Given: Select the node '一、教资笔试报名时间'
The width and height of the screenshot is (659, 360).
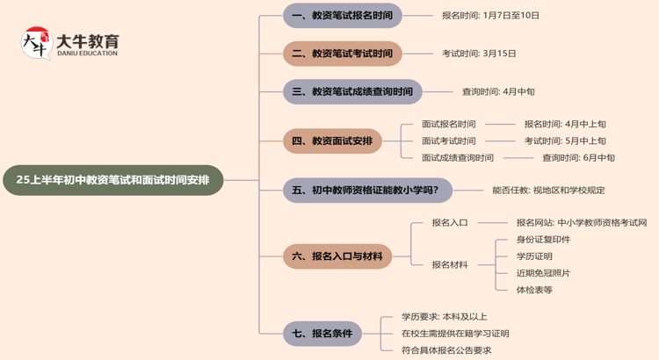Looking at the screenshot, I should pos(343,16).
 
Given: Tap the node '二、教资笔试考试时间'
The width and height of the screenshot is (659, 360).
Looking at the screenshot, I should pos(343,54).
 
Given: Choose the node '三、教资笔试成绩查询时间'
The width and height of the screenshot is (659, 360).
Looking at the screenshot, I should pos(352,91).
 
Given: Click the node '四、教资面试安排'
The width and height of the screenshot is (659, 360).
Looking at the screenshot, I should pos(332,140).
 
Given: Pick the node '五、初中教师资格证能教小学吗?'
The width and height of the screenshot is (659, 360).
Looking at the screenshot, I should pos(367,190).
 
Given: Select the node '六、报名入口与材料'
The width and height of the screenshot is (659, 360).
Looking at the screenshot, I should pos(337,256).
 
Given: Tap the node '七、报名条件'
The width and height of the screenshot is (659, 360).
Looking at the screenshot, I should pos(322,334).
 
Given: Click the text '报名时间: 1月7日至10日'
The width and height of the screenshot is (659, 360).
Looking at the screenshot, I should pos(490,16).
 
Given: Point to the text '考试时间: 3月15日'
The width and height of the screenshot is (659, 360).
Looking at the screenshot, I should pos(479,54).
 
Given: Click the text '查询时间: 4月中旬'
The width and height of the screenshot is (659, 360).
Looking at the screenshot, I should pos(498,91).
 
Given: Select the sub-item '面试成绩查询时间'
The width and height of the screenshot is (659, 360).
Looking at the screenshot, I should pos(457,158).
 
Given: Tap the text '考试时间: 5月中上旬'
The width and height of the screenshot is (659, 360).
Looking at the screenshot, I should pos(565,141).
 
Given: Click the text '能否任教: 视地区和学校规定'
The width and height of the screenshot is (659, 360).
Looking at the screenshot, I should pos(548,190).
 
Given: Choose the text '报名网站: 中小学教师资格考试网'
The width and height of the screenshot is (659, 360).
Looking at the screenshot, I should pos(582,223).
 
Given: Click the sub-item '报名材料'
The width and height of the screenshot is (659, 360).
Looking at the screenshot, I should pos(450,264).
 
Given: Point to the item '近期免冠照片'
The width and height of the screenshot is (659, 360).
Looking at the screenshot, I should pos(543,273).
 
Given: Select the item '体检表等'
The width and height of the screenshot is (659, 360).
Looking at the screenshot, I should pos(534,290).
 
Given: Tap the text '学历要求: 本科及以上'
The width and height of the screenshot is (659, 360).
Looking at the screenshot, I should pos(444,317).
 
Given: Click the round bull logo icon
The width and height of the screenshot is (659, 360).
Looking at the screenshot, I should pos(36,43).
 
